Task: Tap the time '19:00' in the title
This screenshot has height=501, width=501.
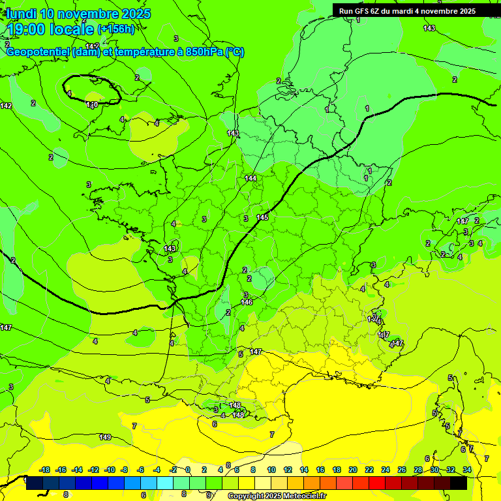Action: click(28, 29)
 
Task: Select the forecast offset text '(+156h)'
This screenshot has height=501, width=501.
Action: click(115, 29)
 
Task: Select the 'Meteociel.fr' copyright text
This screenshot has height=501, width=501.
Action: click(297, 496)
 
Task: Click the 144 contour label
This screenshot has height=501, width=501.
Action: click(250, 178)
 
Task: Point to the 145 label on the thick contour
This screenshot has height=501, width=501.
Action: click(262, 217)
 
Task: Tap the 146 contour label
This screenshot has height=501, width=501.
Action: click(247, 302)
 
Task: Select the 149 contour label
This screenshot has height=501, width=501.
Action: click(104, 437)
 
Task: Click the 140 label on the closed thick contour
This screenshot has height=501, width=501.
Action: click(92, 104)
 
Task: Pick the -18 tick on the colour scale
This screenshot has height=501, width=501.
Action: click(45, 470)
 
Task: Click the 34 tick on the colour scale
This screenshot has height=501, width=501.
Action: click(467, 470)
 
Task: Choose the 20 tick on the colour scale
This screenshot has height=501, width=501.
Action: click(353, 470)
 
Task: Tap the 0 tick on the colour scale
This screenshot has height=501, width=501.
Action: click(188, 470)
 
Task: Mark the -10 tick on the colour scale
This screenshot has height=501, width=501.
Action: click(110, 470)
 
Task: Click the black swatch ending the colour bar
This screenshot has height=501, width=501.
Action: click(459, 483)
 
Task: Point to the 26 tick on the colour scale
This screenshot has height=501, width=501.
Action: click(402, 470)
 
